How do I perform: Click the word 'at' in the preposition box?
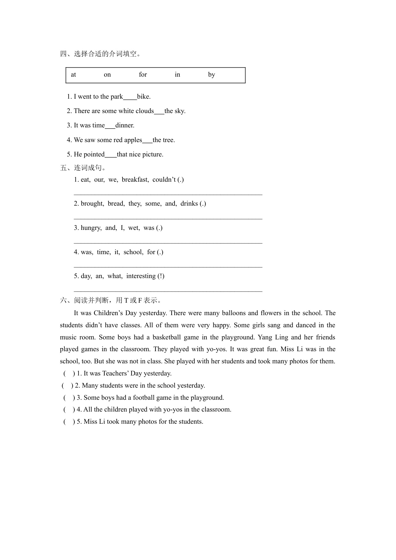click(x=73, y=75)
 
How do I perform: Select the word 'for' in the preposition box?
click(x=143, y=75)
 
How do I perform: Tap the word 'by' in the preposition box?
click(x=212, y=75)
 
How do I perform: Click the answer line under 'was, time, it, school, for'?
click(x=168, y=266)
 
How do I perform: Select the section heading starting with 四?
click(x=101, y=54)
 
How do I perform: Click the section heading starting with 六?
click(x=111, y=300)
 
